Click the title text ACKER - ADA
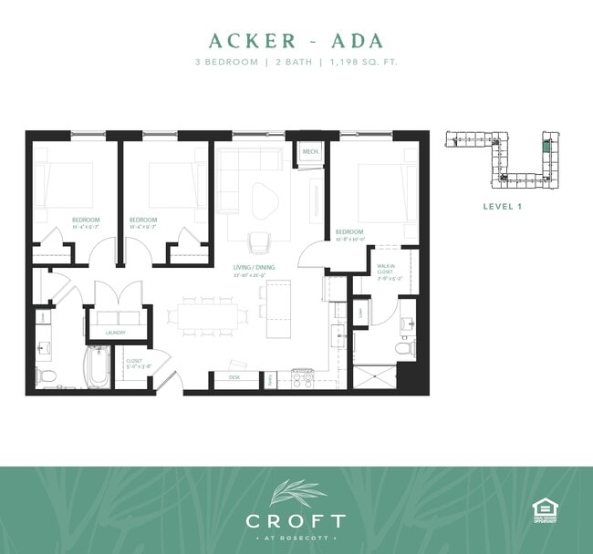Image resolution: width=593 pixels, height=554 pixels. click(x=296, y=41)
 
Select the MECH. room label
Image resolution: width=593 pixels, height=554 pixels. click(x=309, y=151)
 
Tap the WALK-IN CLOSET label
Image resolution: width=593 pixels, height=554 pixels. click(x=386, y=270)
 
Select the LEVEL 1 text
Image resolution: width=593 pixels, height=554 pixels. click(x=501, y=207)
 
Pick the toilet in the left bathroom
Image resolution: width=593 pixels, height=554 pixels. click(x=47, y=376)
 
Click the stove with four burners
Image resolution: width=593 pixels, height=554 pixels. click(x=302, y=376)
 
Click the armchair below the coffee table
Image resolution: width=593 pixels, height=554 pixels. click(x=259, y=242)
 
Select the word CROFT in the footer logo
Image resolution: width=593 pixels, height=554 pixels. click(x=296, y=522)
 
